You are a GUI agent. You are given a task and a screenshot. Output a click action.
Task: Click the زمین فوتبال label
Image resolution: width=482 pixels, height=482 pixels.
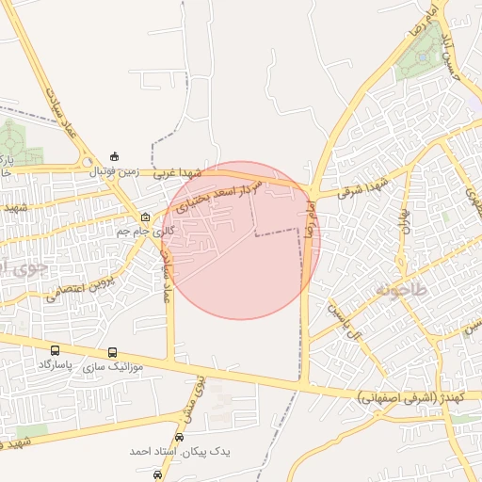point(113,172)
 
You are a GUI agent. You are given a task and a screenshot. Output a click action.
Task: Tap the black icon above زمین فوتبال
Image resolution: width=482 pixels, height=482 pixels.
point(114,156)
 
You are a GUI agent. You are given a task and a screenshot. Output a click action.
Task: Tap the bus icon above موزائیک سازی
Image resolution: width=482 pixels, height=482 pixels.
point(113,352)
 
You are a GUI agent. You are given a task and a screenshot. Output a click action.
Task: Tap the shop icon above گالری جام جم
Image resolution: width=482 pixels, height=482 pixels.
point(145,217)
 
